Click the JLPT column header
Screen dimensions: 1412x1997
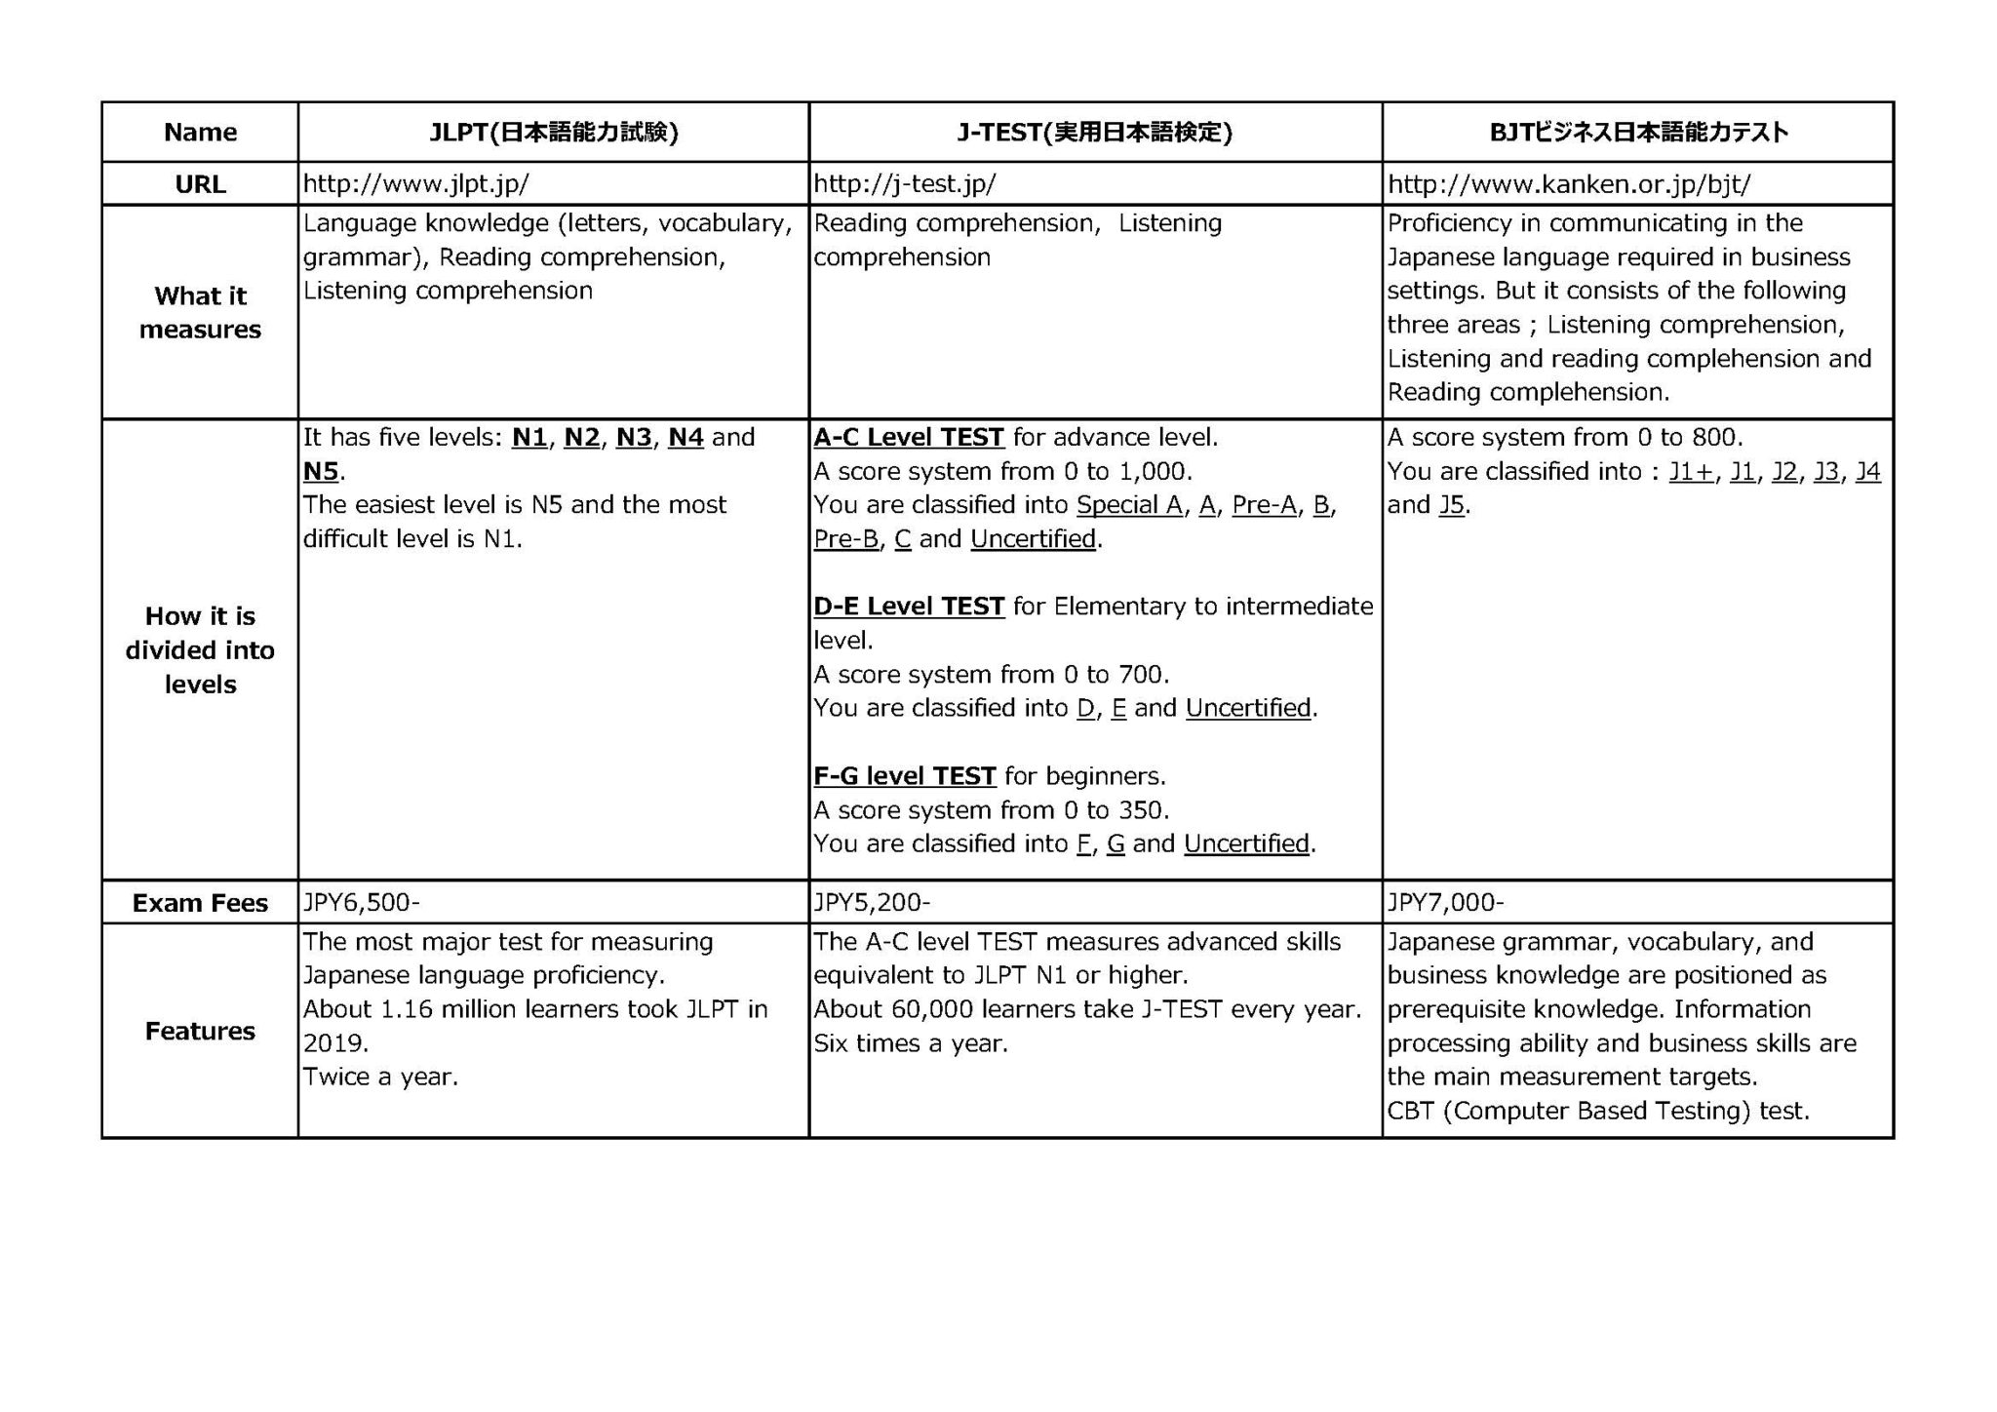[553, 132]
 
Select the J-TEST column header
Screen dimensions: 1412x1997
[1094, 132]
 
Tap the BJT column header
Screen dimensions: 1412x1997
[1638, 132]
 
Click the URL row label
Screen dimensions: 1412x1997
[200, 184]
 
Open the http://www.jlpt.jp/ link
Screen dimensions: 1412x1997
[416, 184]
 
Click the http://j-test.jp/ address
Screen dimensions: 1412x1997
[904, 184]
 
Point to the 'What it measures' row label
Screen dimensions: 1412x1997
[200, 312]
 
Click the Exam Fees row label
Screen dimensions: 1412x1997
[200, 903]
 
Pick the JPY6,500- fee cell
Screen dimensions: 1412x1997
[361, 903]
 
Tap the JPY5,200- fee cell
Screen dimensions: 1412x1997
[872, 903]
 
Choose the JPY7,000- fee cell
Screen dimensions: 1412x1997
[1445, 903]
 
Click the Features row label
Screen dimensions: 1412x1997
[200, 1031]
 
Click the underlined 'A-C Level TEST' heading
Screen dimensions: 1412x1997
[909, 438]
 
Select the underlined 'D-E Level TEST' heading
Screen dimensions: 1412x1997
[909, 607]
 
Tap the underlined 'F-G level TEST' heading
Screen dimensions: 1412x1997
[905, 776]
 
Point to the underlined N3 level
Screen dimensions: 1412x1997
[634, 438]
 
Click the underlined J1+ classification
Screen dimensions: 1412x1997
[1690, 472]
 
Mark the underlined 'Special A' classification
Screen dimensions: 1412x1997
[1129, 505]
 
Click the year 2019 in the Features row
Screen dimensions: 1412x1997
[333, 1043]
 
